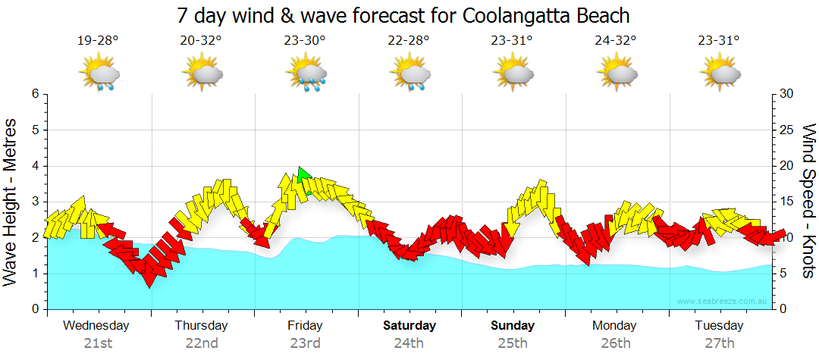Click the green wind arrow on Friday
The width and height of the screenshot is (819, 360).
point(303,177)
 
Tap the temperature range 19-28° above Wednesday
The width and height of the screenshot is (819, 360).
point(98,41)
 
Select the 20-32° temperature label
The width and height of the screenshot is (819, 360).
point(202,41)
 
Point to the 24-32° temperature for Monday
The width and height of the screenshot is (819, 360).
point(616,41)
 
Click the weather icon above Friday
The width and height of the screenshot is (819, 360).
point(306,74)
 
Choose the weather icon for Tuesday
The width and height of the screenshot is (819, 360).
point(720,74)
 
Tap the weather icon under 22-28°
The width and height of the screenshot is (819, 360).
point(409,74)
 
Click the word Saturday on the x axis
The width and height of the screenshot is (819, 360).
point(409,326)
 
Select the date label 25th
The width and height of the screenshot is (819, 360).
point(513,343)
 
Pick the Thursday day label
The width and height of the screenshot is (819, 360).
point(201,326)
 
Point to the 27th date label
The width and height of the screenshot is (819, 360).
point(720,343)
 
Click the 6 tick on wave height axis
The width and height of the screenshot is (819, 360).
point(34,94)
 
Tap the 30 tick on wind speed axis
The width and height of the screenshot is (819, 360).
point(787,94)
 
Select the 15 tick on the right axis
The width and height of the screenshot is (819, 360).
point(787,202)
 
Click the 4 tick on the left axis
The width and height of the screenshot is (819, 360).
point(34,166)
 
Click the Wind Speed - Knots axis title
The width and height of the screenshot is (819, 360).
point(808,202)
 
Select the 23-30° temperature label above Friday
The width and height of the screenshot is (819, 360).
point(306,41)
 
